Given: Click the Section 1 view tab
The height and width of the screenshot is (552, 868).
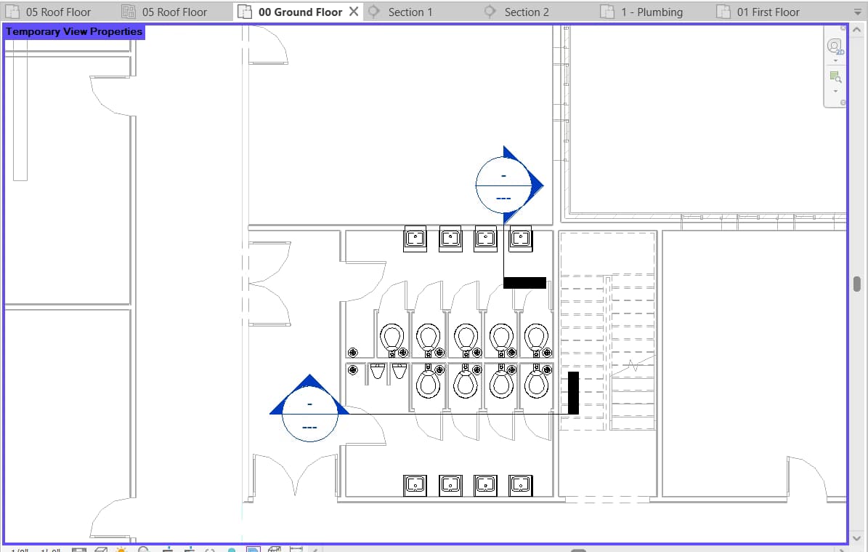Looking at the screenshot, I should point(410,12).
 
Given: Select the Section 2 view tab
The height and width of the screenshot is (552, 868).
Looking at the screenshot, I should point(526,12).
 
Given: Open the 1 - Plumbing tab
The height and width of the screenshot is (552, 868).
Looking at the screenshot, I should point(651,12).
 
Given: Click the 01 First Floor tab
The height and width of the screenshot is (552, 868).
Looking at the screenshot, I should point(767,12).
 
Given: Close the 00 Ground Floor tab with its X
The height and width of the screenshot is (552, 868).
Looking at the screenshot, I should point(354,12).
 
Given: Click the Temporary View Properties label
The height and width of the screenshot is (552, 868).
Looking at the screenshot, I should point(74,31).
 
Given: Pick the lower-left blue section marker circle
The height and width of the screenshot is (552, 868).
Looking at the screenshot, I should point(310,414).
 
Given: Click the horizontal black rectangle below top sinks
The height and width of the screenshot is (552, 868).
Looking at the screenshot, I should point(524,282).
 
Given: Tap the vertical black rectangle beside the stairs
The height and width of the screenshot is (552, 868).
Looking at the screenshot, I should point(573,393).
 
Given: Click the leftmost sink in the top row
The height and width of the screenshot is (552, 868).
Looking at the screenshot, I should point(415,238).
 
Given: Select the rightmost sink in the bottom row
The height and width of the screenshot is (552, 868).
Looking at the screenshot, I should point(521,484).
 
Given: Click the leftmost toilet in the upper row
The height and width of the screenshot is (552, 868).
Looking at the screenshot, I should point(393,337).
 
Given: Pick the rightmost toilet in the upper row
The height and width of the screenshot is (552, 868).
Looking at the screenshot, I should point(536,337).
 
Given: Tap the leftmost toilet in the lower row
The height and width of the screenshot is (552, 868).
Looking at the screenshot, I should point(429,383).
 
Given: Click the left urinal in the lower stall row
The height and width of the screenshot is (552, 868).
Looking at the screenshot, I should point(377,372).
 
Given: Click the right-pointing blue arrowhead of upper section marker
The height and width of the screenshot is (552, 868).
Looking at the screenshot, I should point(536,185).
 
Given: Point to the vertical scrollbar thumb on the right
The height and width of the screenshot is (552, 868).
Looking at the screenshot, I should point(857,283).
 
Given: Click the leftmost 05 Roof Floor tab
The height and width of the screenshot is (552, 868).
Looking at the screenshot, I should point(58,12).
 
